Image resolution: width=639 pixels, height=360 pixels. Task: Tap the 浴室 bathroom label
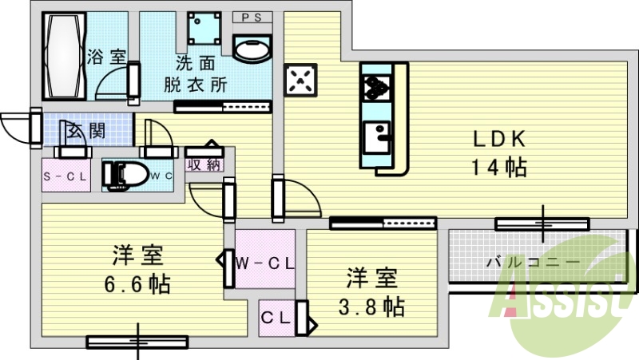click(x=107, y=57)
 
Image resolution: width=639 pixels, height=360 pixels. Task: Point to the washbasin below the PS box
click(x=252, y=47)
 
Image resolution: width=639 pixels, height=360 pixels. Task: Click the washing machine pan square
click(x=203, y=30)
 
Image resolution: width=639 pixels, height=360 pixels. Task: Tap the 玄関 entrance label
click(x=86, y=131)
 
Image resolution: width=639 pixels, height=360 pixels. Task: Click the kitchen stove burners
click(x=375, y=87)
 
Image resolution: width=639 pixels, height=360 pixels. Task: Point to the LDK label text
click(x=499, y=139)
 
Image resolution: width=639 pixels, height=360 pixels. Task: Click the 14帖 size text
click(x=499, y=168)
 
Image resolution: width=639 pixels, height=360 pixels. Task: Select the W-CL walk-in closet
click(x=266, y=262)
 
